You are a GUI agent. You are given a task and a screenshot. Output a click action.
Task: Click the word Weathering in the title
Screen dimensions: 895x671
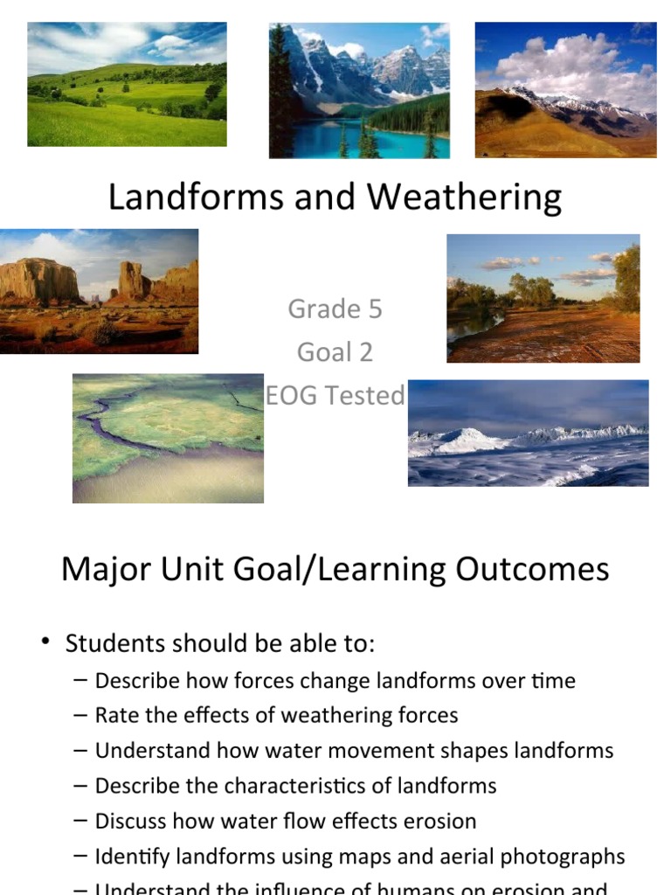pyautogui.click(x=464, y=198)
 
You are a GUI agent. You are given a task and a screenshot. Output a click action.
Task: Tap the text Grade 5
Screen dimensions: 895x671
pyautogui.click(x=335, y=309)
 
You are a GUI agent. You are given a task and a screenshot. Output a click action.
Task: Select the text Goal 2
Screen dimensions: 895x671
pyautogui.click(x=335, y=351)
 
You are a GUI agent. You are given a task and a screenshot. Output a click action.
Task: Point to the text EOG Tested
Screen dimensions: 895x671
pyautogui.click(x=335, y=395)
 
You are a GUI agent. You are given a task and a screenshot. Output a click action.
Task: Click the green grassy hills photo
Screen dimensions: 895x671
pyautogui.click(x=127, y=84)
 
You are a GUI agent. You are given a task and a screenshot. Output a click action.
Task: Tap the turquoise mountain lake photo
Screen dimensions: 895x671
pyautogui.click(x=359, y=90)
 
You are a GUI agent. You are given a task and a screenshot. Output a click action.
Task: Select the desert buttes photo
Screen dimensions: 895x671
pyautogui.click(x=99, y=291)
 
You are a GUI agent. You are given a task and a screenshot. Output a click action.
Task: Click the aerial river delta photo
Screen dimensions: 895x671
pyautogui.click(x=168, y=438)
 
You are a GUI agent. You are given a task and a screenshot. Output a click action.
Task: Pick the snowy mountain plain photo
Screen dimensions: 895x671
pyautogui.click(x=528, y=433)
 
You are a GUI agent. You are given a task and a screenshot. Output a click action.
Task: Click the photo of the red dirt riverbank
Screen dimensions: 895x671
pyautogui.click(x=543, y=298)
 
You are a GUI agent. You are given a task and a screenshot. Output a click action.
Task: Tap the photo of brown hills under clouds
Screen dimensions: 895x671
pyautogui.click(x=565, y=90)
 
